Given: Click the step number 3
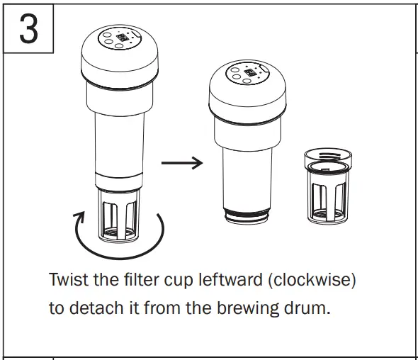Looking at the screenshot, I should (x=28, y=29).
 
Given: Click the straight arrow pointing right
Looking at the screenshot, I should (x=182, y=163).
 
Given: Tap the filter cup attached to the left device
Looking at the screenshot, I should (x=119, y=213).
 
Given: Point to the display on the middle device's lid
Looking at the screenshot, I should (x=250, y=72).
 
